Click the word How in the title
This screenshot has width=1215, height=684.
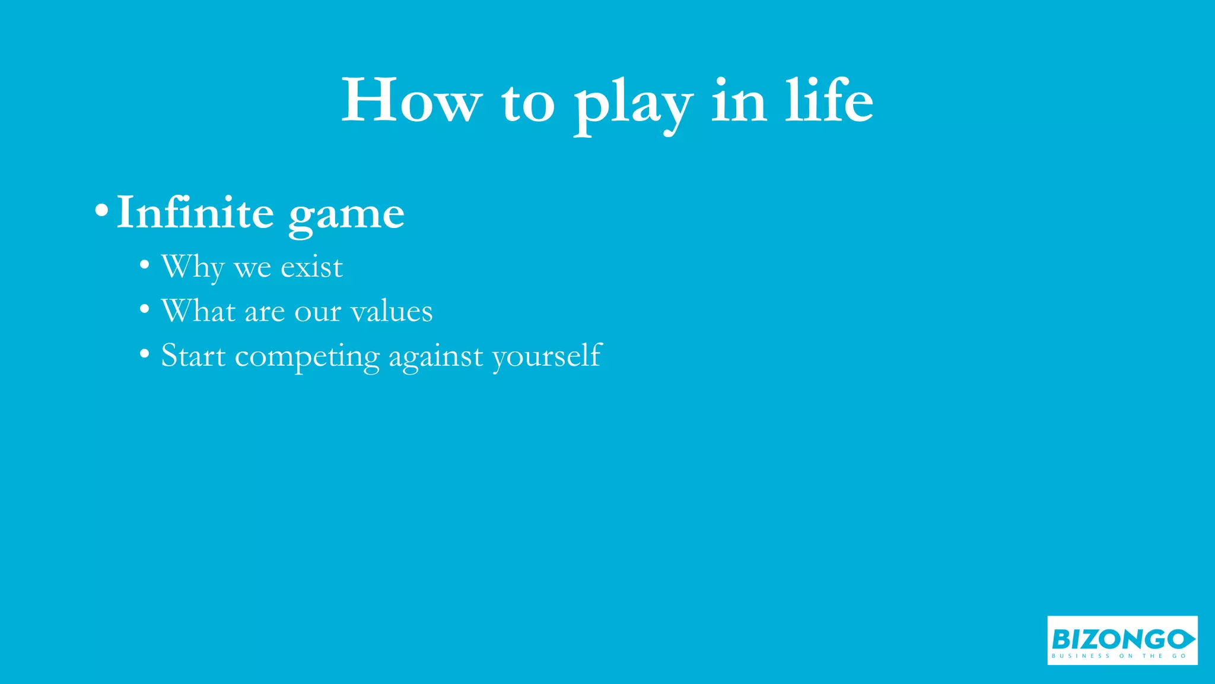coord(411,101)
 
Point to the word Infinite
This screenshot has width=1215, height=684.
coord(195,213)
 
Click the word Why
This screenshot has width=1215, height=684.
coord(192,267)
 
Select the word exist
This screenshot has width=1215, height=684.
coord(311,267)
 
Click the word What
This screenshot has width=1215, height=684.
coord(198,311)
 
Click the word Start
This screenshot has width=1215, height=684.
coord(193,356)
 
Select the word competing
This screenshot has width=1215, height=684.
coord(307,357)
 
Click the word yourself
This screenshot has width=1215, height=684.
coord(547,356)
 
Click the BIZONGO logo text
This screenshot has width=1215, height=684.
coord(1115,639)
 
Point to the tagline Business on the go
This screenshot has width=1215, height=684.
coord(1119,656)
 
